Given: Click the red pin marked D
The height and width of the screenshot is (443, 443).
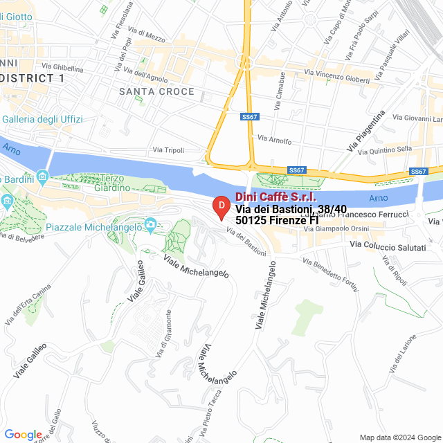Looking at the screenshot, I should (220, 206).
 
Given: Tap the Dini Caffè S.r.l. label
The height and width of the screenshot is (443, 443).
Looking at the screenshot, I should (275, 197).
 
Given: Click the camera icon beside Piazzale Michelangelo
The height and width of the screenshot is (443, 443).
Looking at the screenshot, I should (150, 224).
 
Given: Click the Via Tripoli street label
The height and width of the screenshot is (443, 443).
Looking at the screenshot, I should (168, 150).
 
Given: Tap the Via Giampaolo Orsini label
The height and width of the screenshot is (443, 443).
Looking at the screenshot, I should (343, 228).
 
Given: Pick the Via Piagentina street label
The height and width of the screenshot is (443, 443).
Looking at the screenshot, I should (365, 131).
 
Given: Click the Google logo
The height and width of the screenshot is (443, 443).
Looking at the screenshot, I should (23, 434).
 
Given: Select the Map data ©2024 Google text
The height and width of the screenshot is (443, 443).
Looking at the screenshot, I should (399, 437).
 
